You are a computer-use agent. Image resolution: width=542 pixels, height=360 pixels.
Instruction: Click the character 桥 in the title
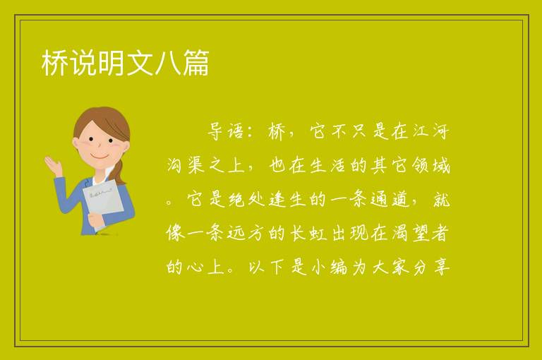tap(55, 63)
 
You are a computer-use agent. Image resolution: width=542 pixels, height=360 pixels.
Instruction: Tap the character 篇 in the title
tap(196, 63)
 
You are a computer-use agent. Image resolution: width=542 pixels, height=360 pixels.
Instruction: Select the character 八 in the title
tap(168, 63)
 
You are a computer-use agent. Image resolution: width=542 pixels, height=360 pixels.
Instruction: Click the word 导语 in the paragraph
tap(227, 131)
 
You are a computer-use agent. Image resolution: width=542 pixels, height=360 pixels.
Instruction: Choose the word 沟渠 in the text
tap(185, 165)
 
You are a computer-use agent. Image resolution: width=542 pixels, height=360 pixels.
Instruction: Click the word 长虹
tap(308, 233)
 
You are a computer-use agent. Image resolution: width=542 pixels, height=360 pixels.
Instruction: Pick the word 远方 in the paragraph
tap(246, 233)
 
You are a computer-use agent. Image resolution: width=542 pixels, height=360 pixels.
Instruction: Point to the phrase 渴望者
tap(421, 233)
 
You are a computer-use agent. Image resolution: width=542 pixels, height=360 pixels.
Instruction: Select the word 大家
tap(390, 267)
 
